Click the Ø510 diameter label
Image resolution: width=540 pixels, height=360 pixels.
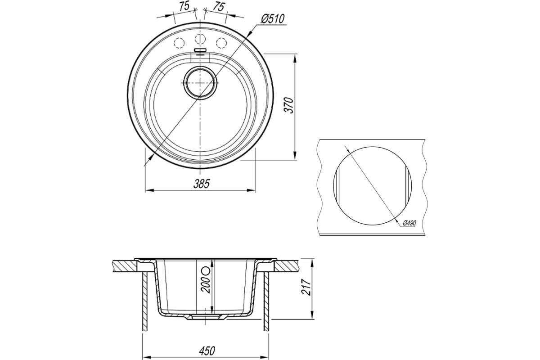click(x=273, y=19)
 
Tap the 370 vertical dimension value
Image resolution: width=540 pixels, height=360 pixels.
click(x=288, y=105)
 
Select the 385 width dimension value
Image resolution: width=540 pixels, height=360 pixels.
click(x=202, y=184)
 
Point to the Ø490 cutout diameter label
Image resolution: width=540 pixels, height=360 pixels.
click(x=409, y=223)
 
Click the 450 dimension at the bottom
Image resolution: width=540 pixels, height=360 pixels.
click(x=207, y=351)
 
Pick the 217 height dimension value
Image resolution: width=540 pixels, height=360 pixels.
click(x=306, y=288)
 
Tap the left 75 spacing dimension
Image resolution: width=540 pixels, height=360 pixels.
click(x=184, y=6)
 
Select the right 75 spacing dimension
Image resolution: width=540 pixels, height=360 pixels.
click(x=218, y=7)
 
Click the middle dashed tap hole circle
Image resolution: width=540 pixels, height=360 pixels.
click(x=200, y=39)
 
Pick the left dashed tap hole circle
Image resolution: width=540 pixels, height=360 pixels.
click(x=179, y=43)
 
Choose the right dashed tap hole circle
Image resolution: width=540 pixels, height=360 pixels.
click(x=221, y=43)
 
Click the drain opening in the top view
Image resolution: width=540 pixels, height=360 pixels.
click(x=200, y=83)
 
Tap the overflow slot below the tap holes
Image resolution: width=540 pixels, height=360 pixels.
click(x=200, y=50)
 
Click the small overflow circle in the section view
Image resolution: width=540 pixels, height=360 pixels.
click(x=207, y=270)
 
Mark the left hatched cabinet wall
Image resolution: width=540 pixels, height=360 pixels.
click(x=145, y=301)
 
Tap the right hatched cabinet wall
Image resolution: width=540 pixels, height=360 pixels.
click(x=266, y=301)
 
